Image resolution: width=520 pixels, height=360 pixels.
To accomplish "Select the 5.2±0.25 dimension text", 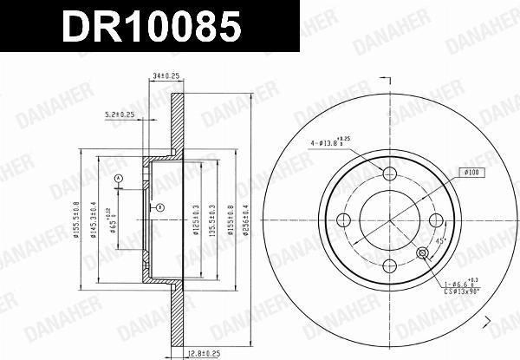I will point(119,114).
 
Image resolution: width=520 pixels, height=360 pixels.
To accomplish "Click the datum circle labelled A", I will point(119,178).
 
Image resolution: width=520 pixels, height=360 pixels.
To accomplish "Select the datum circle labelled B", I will point(159,206).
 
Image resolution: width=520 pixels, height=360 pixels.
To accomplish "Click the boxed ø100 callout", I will point(473,173).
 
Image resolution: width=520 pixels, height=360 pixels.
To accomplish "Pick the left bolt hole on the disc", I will point(344,219).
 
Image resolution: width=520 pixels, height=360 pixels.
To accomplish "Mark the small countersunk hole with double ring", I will point(422,252).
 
